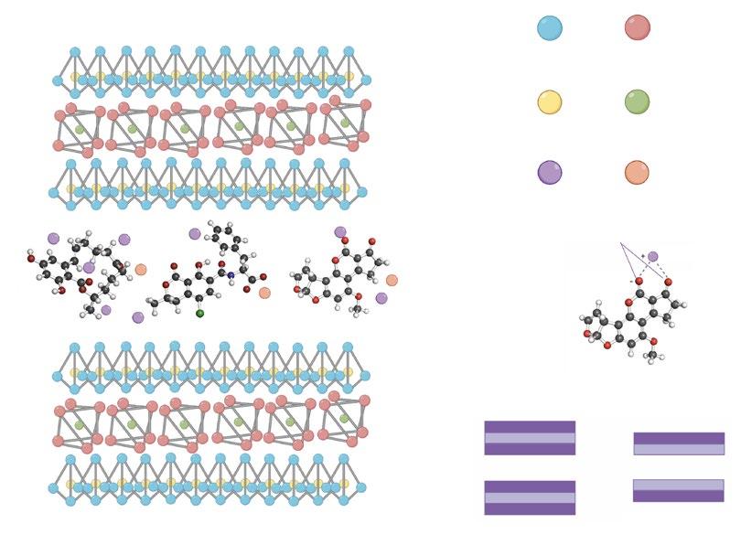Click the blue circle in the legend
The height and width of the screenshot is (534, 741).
tap(549, 27)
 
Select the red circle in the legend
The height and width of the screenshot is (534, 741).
tap(637, 27)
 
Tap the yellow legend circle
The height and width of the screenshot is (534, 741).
tap(549, 101)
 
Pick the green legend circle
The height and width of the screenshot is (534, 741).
tap(637, 101)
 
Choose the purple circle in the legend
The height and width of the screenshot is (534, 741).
tap(549, 172)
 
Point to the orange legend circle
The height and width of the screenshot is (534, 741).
tap(637, 172)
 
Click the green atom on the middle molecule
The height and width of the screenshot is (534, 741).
tap(200, 314)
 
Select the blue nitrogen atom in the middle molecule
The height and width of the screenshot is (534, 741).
tap(231, 275)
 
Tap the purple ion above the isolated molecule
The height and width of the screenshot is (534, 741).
tap(652, 257)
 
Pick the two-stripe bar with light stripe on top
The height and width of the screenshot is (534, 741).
tap(678, 490)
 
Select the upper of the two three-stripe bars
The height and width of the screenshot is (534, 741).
tap(529, 437)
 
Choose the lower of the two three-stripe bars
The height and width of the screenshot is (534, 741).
tap(529, 497)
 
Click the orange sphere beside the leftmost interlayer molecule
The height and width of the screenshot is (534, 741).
tap(140, 269)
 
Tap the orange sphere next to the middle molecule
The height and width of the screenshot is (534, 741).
tap(264, 293)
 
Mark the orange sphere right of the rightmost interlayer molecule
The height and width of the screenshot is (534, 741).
tap(392, 280)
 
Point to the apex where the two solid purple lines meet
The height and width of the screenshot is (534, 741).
tap(620, 243)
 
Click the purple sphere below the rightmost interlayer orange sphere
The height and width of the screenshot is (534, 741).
tap(381, 298)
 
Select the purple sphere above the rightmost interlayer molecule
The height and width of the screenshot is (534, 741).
tap(340, 232)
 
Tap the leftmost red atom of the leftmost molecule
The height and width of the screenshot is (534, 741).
tap(31, 259)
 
